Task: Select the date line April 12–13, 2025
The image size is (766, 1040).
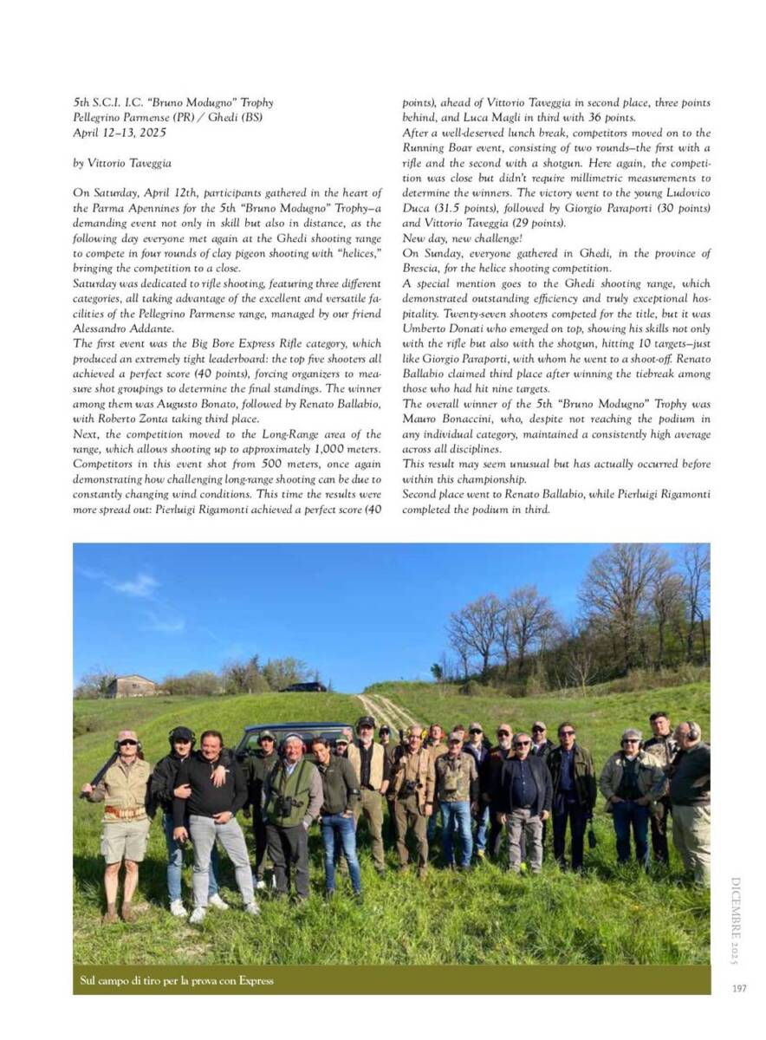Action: click(x=120, y=133)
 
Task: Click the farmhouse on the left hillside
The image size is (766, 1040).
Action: click(x=132, y=686)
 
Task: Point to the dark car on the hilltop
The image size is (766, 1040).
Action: click(x=303, y=686)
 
